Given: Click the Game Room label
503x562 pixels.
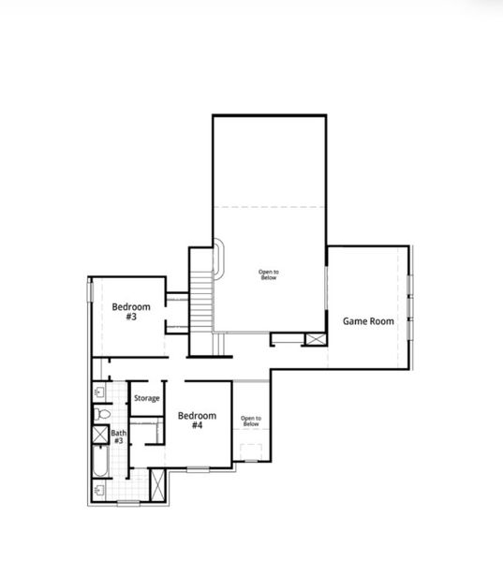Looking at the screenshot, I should pyautogui.click(x=367, y=320).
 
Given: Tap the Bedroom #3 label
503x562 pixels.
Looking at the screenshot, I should pyautogui.click(x=131, y=312).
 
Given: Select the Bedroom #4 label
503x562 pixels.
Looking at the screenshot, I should pyautogui.click(x=197, y=420).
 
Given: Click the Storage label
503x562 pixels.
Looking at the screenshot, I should pyautogui.click(x=146, y=399).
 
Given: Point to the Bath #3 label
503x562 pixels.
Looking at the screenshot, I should pyautogui.click(x=119, y=436).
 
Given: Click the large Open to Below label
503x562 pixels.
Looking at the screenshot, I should pyautogui.click(x=269, y=274).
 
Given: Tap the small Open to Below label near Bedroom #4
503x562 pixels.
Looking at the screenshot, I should pyautogui.click(x=250, y=421).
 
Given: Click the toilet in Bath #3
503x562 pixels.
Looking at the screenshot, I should pyautogui.click(x=102, y=413).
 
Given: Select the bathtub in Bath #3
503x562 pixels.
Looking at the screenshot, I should pyautogui.click(x=101, y=465).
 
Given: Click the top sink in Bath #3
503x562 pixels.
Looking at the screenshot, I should pyautogui.click(x=99, y=392).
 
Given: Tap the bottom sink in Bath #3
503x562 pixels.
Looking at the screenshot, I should pyautogui.click(x=99, y=490).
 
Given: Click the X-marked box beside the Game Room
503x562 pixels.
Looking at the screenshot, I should pyautogui.click(x=316, y=340).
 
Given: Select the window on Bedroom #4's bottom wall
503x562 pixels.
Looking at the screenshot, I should pyautogui.click(x=199, y=467).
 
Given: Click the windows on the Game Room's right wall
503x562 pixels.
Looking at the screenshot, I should pyautogui.click(x=410, y=299).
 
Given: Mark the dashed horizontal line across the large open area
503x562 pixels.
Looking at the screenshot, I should pyautogui.click(x=269, y=207).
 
